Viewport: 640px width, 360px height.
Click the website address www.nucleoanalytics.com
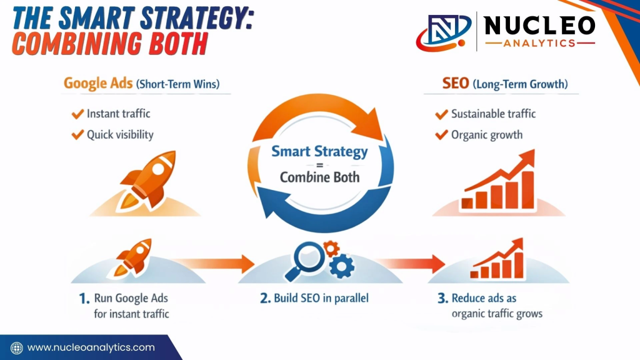(x=91, y=347)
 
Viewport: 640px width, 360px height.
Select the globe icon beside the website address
(x=17, y=347)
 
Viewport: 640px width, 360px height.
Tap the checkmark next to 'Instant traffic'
(x=77, y=114)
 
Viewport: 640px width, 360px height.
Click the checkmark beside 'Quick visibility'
(x=77, y=134)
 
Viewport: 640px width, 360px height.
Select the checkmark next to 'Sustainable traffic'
(x=441, y=114)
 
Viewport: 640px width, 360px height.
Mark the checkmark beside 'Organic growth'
(x=441, y=134)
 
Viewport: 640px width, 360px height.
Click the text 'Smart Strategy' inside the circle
(x=319, y=151)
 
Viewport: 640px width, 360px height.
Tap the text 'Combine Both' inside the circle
(x=319, y=177)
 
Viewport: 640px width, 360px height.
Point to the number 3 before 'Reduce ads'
(x=441, y=299)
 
